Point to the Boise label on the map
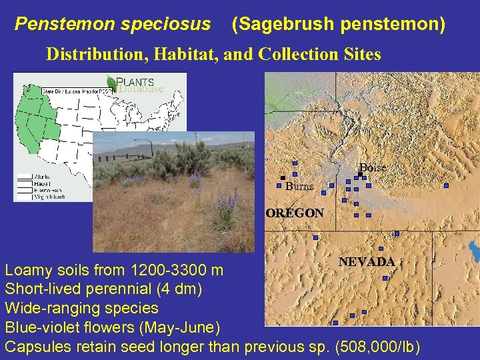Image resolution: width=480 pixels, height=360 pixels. (373, 167)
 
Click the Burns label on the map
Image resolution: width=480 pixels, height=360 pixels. (299, 187)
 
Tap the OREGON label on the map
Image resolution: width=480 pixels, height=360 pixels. (295, 213)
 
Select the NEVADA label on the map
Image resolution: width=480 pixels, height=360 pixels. (367, 262)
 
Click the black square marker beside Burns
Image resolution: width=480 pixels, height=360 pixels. (283, 178)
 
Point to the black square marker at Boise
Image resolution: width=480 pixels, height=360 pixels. (360, 174)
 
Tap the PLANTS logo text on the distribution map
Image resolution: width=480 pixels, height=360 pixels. (136, 83)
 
